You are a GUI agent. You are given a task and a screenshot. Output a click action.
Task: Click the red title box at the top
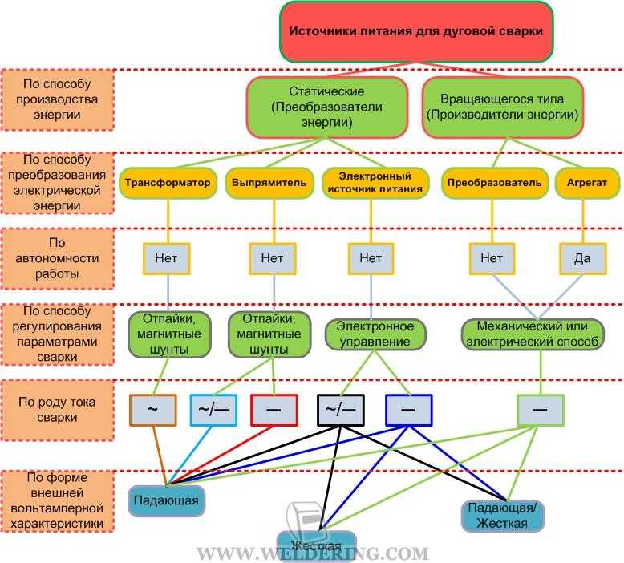(x=416, y=32)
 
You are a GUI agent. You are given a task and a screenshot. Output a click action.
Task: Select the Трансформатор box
(x=168, y=183)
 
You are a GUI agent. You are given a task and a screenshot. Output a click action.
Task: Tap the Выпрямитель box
(x=269, y=183)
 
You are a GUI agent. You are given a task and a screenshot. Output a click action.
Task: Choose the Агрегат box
(x=587, y=183)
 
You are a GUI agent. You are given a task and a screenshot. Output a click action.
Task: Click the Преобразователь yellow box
(x=494, y=183)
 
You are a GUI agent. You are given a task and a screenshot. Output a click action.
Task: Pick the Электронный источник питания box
(x=375, y=183)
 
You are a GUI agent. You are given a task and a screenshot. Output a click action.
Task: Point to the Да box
(x=583, y=258)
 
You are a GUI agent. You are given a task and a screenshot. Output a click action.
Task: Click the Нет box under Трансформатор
(x=166, y=258)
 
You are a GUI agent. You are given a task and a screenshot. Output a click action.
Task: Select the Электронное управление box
(x=375, y=334)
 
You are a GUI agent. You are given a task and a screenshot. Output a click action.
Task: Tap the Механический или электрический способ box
(x=533, y=334)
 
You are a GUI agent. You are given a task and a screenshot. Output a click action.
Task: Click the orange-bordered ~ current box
(x=153, y=410)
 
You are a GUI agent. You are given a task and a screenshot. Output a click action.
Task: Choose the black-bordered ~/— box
(x=340, y=410)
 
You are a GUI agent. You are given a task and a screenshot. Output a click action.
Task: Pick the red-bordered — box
(x=274, y=410)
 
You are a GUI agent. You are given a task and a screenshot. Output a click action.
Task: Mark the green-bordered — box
(x=541, y=410)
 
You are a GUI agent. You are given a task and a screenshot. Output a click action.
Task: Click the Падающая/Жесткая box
(x=502, y=516)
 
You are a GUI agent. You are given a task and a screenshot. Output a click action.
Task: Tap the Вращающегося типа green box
(x=502, y=107)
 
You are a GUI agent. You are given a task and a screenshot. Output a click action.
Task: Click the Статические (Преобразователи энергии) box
(x=326, y=107)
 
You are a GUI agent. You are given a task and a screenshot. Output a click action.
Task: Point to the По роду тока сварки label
(x=57, y=410)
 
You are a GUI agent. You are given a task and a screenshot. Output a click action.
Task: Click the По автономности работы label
(x=57, y=258)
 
